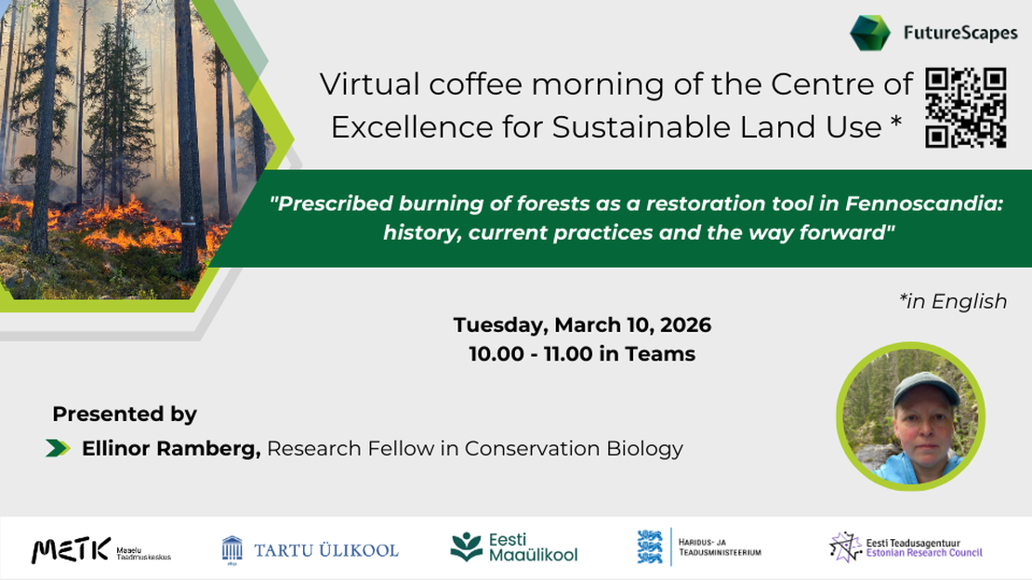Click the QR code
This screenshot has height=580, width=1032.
(966, 108)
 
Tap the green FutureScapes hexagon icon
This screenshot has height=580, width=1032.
(869, 33)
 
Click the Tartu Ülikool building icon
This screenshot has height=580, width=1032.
(232, 548)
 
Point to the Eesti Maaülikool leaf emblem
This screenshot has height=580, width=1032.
(466, 547)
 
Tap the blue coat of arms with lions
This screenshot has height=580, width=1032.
(650, 547)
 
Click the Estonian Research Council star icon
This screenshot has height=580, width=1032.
(844, 547)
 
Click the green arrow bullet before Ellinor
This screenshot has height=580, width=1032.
(58, 448)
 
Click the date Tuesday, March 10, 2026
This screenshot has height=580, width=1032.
(582, 325)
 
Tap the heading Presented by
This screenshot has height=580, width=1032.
(125, 414)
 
